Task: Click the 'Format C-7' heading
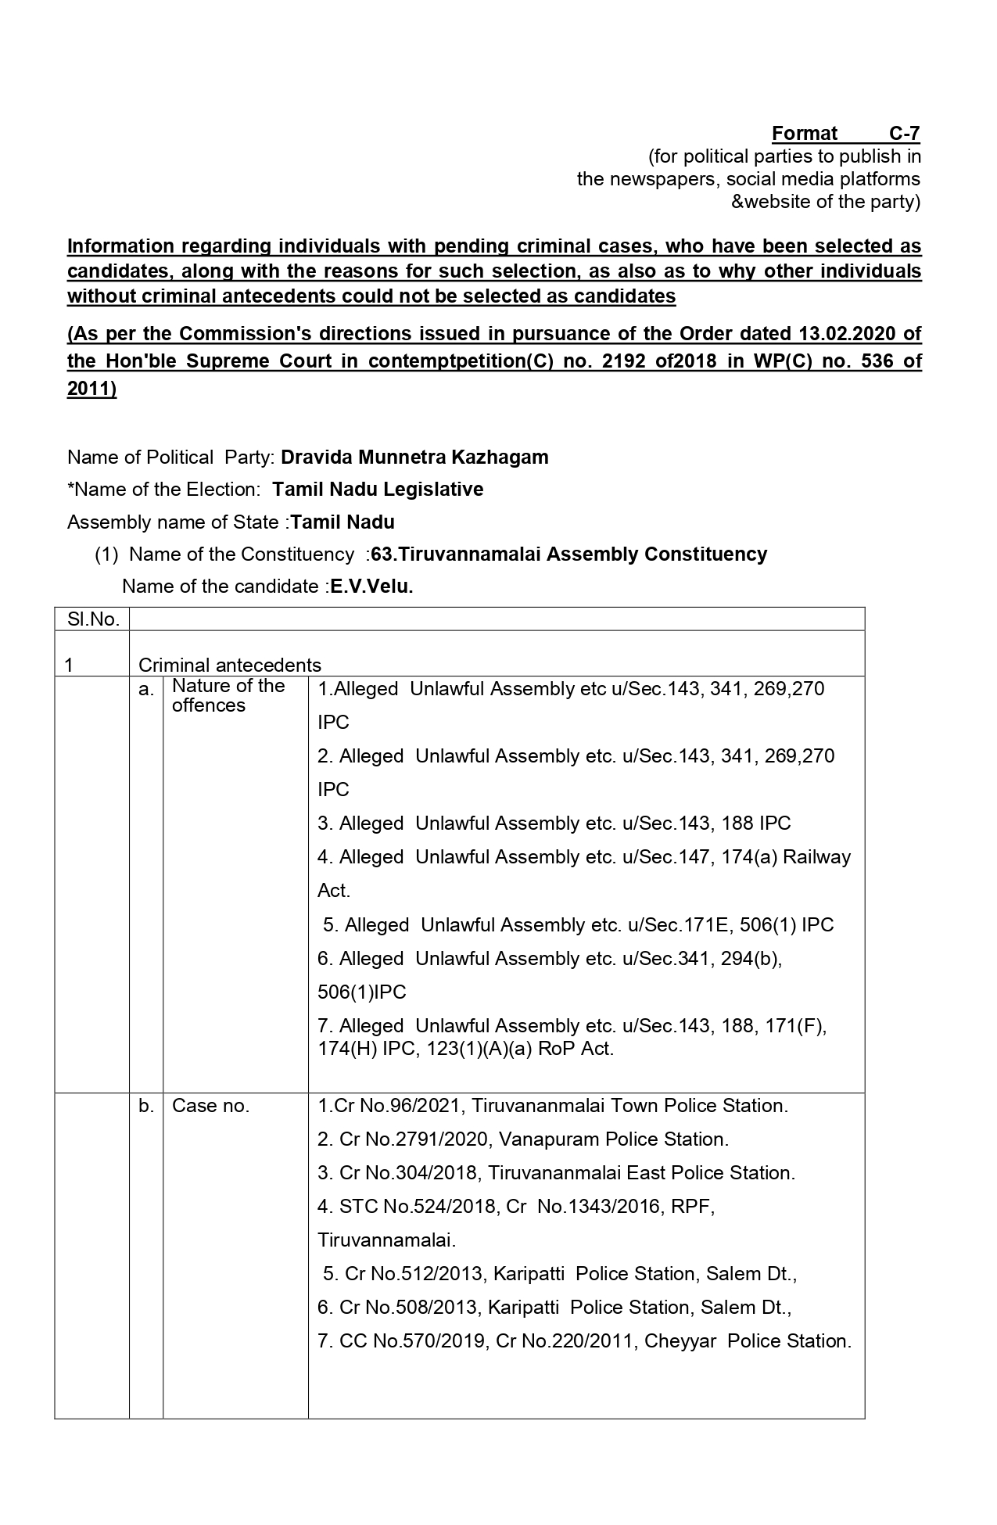845,133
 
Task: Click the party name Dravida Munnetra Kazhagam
414,457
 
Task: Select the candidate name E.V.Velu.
371,587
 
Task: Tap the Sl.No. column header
93,619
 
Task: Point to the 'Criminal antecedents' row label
230,665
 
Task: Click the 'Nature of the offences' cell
228,695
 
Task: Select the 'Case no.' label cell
210,1106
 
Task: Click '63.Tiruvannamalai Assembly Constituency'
569,554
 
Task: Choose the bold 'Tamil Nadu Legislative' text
378,490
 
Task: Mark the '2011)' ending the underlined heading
91,389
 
